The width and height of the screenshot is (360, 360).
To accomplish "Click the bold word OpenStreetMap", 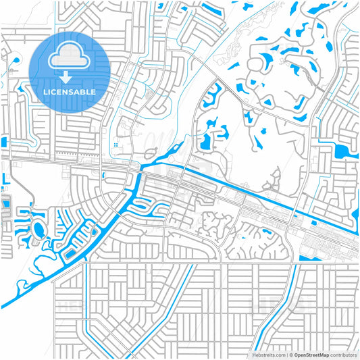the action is point(313,354).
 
